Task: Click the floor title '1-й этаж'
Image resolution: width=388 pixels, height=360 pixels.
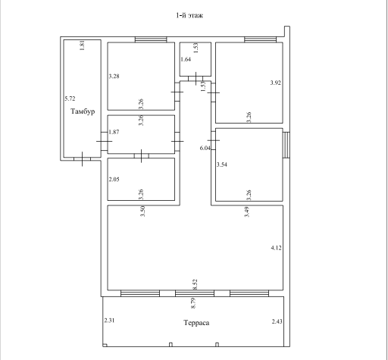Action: click(x=189, y=15)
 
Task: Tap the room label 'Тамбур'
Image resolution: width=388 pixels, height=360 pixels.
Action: click(x=83, y=111)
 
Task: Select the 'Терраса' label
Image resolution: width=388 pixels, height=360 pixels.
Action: click(x=196, y=323)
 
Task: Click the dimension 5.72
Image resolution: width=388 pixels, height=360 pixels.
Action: click(x=70, y=99)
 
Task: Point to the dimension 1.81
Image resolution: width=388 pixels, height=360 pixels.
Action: click(x=82, y=45)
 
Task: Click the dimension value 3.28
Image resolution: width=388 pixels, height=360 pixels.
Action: click(x=114, y=76)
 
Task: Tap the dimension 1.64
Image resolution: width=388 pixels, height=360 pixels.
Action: click(x=186, y=59)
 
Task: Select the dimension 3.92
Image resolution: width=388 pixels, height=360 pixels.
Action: click(x=275, y=83)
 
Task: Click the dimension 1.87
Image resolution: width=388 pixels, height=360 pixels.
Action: click(x=114, y=132)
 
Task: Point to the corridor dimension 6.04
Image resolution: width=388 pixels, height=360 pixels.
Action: click(x=205, y=148)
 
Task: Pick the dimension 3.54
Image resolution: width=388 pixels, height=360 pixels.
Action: click(x=222, y=164)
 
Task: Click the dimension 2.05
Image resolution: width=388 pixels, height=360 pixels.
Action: click(x=114, y=180)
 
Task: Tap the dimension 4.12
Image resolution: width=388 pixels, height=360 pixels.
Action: click(x=276, y=248)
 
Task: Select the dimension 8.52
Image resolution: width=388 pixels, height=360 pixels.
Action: click(x=195, y=284)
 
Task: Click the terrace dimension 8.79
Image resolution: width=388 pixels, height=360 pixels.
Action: click(x=193, y=303)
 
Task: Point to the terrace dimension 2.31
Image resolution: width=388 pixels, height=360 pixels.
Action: click(x=109, y=321)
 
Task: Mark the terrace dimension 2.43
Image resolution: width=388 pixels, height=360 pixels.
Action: click(x=277, y=321)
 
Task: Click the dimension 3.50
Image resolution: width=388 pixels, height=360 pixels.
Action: click(x=142, y=211)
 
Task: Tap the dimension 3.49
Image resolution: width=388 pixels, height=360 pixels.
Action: click(x=247, y=211)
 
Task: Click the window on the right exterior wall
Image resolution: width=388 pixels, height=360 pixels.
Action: click(x=286, y=145)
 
